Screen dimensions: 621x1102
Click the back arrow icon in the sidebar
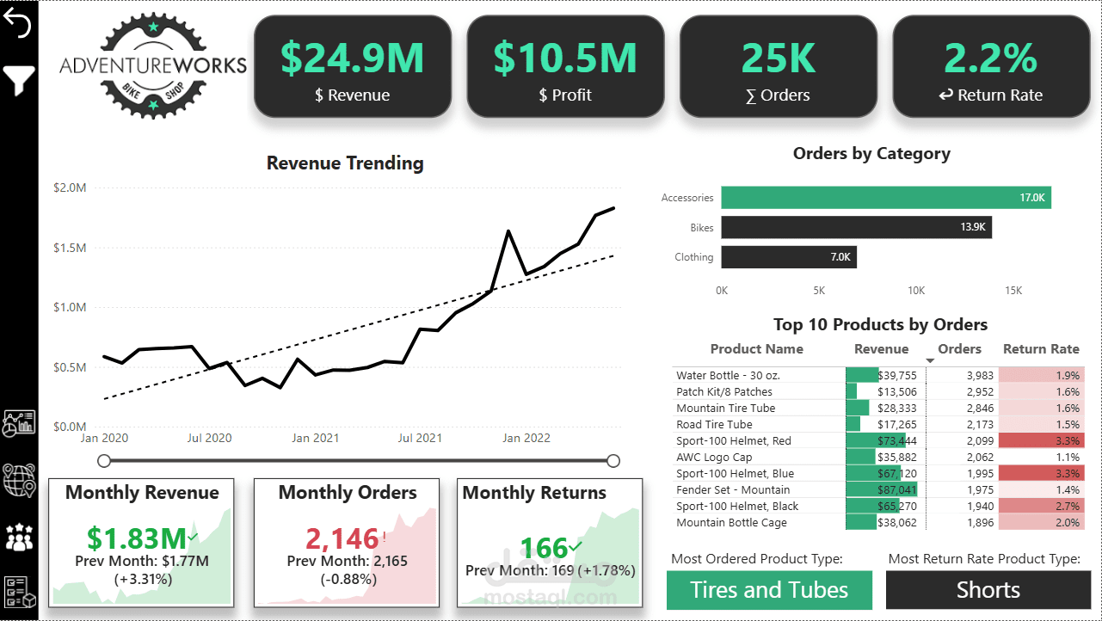pos(18,24)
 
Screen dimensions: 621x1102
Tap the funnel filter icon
pos(19,81)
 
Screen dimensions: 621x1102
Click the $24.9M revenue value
pos(352,58)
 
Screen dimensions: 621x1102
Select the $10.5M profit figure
pos(565,58)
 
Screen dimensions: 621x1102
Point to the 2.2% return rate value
pos(990,58)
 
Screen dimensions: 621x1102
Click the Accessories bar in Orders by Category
pos(885,198)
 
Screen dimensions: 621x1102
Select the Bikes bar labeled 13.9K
pos(856,228)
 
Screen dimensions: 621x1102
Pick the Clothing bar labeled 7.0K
pos(788,257)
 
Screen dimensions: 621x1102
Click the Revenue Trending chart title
pos(345,163)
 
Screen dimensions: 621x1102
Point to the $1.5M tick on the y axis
pos(70,248)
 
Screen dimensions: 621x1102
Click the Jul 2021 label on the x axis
pos(420,438)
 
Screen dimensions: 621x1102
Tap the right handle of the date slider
pos(613,461)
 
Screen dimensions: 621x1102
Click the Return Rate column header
pos(1041,349)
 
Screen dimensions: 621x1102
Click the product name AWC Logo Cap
pos(714,458)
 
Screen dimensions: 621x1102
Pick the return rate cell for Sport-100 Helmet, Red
pos(1041,441)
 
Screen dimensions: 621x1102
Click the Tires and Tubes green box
pos(769,590)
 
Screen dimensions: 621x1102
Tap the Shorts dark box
pos(988,590)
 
